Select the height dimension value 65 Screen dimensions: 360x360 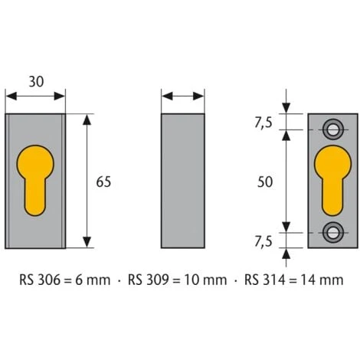(x=104, y=182)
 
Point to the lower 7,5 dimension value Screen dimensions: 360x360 (x=264, y=241)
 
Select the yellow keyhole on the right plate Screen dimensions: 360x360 (x=333, y=177)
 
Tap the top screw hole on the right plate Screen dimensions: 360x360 (x=333, y=126)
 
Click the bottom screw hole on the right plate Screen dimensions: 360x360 (x=333, y=230)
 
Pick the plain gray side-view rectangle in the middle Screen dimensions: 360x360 (x=184, y=181)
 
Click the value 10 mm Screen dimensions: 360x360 (x=205, y=280)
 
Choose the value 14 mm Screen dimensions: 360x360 (x=322, y=280)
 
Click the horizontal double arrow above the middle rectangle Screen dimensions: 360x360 (x=184, y=96)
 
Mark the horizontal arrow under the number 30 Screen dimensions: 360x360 (x=35, y=96)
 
